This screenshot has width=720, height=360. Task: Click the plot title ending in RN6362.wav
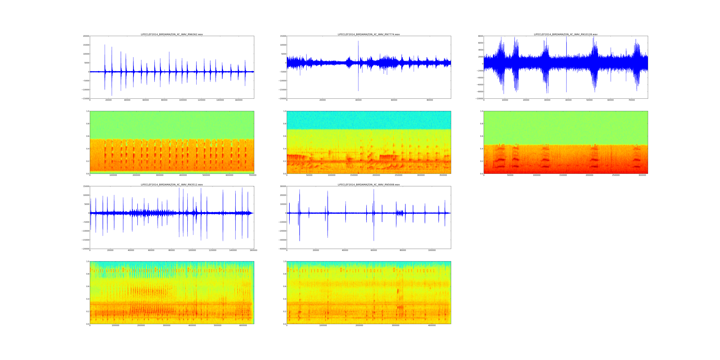click(172, 34)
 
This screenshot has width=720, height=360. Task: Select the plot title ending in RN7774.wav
click(369, 34)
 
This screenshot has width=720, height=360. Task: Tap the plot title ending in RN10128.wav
click(565, 34)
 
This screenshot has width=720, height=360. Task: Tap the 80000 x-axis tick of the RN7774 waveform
click(430, 100)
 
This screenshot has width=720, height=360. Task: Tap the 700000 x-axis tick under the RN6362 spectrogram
click(252, 175)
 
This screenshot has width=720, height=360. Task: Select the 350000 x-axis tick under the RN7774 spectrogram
click(443, 175)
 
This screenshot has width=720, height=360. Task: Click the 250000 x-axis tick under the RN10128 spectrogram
click(616, 175)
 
